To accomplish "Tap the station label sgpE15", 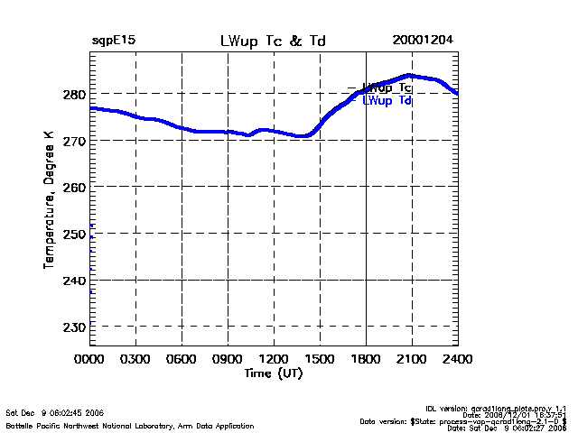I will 114,41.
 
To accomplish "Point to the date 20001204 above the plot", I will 423,41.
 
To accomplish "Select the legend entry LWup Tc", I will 387,88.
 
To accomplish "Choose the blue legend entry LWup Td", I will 387,101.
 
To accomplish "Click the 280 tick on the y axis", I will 75,94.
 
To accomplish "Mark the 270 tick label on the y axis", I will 75,141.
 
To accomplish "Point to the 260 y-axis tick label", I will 75,187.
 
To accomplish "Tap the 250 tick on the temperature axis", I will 75,234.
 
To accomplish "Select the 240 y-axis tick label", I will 75,281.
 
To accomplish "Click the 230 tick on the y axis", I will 75,327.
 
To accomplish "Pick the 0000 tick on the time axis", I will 89,359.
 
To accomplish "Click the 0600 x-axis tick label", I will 182,359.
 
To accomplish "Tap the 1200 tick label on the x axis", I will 274,359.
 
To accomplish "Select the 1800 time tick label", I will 366,359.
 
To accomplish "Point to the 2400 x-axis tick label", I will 457,359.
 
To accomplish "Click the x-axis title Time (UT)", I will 274,373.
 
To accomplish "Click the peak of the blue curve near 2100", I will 409,76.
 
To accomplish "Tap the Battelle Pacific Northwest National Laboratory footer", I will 130,425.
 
